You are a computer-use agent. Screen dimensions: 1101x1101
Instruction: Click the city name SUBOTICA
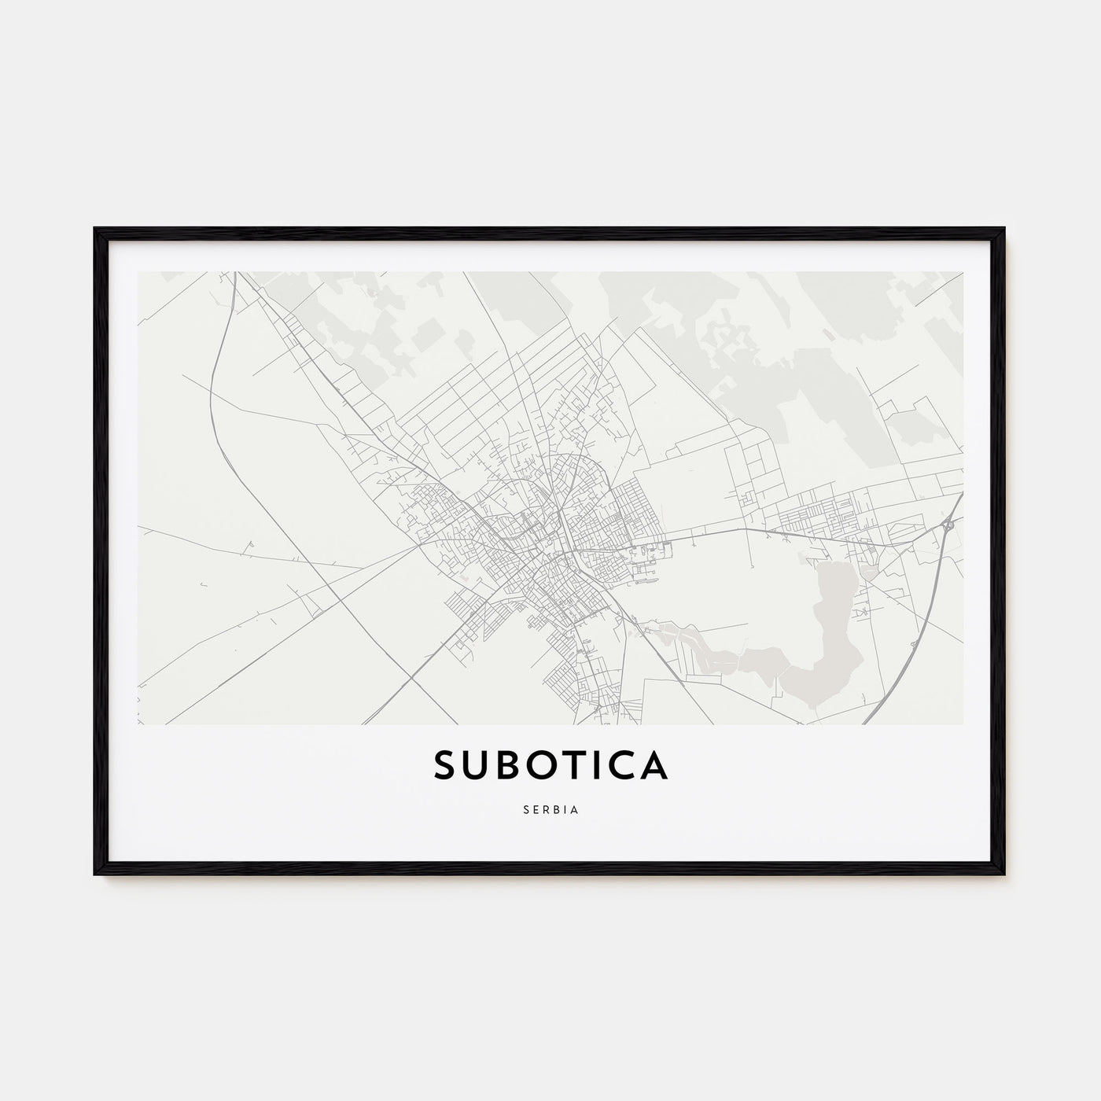click(x=550, y=766)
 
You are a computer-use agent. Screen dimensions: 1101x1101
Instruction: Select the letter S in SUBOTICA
click(x=446, y=766)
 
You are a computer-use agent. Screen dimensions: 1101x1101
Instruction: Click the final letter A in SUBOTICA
click(x=654, y=766)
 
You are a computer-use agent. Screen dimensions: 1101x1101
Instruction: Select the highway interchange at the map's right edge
click(x=949, y=524)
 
